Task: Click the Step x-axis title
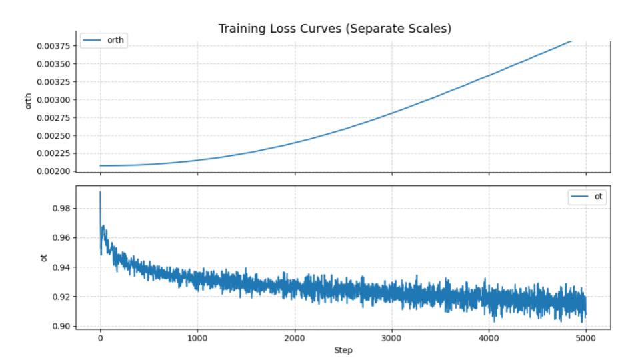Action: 343,351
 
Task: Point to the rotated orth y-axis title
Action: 29,101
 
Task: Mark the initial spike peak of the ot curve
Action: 100,192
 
